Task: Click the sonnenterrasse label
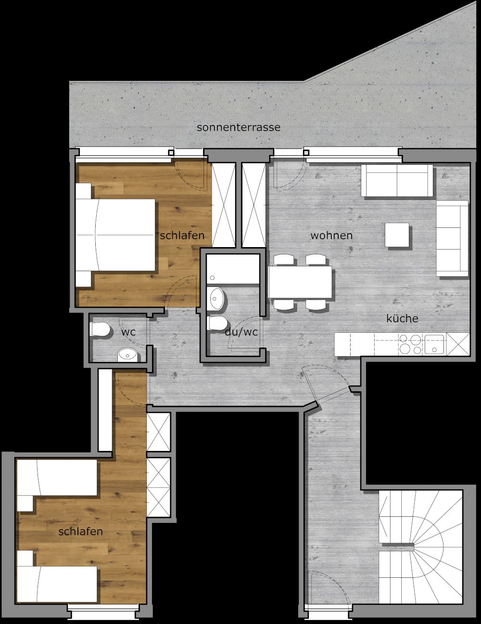tap(239, 127)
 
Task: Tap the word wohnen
tap(331, 236)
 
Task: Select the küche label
tap(402, 318)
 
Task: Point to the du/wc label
tap(241, 332)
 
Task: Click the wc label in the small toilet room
tap(128, 333)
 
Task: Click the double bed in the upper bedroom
tap(115, 235)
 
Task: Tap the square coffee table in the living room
tap(397, 235)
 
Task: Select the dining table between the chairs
tap(300, 282)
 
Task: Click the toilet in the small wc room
tap(100, 329)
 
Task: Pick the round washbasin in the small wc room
tap(127, 355)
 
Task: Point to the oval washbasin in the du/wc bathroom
tap(215, 299)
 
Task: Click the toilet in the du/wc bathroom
tap(217, 324)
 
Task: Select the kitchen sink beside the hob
tap(434, 344)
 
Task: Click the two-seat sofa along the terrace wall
tap(397, 181)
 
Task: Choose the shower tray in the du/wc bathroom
tap(233, 269)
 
